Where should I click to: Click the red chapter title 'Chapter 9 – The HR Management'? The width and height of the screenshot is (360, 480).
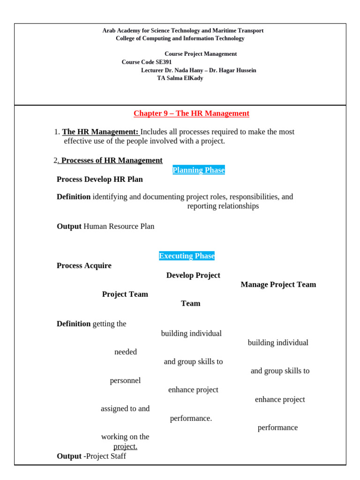[x=191, y=113]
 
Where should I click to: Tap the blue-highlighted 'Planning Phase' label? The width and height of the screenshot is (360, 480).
[x=199, y=170]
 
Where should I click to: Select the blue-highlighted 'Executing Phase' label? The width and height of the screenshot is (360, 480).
[x=187, y=256]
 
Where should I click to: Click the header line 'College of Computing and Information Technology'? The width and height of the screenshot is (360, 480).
[x=180, y=38]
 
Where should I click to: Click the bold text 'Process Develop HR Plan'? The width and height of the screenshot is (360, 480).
[x=100, y=180]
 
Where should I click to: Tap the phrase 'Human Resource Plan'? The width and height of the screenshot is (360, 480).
[x=119, y=226]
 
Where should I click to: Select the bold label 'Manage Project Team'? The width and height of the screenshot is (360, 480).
[x=278, y=285]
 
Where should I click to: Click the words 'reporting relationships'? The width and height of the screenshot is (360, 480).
[x=223, y=206]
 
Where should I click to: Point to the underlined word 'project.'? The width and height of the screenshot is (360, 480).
[x=125, y=447]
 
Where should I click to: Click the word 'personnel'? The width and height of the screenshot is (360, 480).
[x=125, y=381]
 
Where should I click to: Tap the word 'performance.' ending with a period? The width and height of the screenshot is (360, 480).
[x=191, y=418]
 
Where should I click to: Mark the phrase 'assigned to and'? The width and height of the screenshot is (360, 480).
[x=125, y=409]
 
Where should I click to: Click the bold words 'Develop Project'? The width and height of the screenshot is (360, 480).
[x=193, y=275]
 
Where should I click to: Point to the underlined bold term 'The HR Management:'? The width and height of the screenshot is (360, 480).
[x=100, y=132]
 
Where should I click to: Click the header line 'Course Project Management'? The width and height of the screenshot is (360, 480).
[x=201, y=54]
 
